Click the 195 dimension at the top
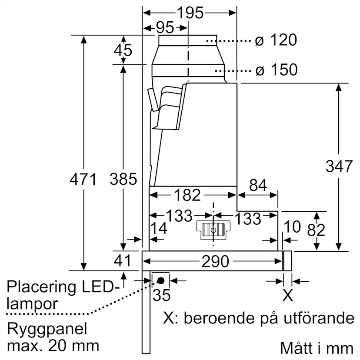pyautogui.click(x=190, y=13)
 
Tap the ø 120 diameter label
pyautogui.click(x=276, y=40)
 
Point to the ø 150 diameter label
pyautogui.click(x=276, y=70)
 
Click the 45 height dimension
pyautogui.click(x=123, y=50)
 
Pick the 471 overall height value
pyautogui.click(x=83, y=179)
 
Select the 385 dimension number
pyautogui.click(x=123, y=179)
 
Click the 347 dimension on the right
pyautogui.click(x=339, y=166)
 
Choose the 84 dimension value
pyautogui.click(x=257, y=186)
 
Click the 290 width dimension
pyautogui.click(x=215, y=261)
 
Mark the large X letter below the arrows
pyautogui.click(x=288, y=296)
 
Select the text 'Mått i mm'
pyautogui.click(x=317, y=348)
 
